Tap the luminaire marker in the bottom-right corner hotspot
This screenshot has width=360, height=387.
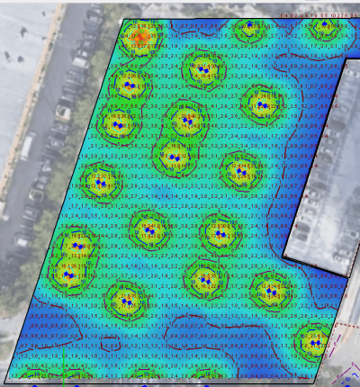(x=312, y=341)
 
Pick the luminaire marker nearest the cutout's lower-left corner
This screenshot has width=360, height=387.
(x=269, y=290)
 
